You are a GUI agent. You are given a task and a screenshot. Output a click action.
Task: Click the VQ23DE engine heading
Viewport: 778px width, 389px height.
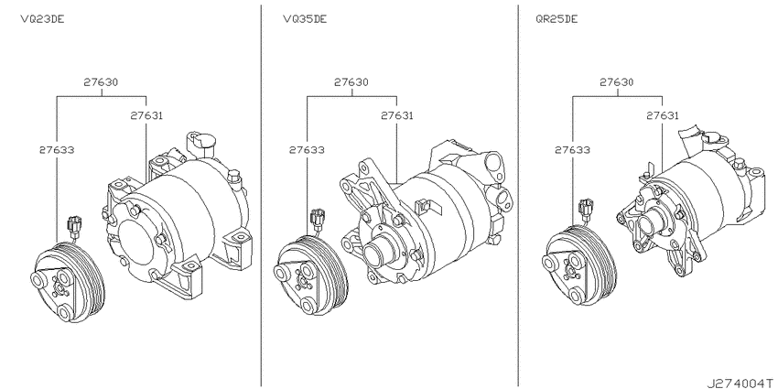tap(42, 19)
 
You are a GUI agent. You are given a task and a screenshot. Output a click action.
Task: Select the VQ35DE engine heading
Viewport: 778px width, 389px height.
tap(305, 19)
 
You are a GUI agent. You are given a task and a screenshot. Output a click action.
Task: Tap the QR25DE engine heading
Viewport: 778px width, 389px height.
tap(556, 19)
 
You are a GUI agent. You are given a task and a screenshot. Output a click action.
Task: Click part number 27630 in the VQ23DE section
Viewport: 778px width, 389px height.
tap(101, 81)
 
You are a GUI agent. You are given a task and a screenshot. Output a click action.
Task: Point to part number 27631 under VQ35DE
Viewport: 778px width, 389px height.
tap(397, 115)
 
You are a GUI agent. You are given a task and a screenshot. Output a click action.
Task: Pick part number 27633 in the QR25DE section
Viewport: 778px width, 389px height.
tap(573, 149)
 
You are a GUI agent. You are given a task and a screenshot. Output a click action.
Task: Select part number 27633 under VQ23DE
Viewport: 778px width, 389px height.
tap(57, 149)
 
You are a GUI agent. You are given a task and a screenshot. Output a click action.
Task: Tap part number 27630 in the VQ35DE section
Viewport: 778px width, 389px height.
tap(351, 81)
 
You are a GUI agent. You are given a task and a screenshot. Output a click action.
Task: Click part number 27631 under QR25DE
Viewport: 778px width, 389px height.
tap(663, 115)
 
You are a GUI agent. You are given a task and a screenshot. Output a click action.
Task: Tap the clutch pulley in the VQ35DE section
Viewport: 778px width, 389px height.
tap(310, 276)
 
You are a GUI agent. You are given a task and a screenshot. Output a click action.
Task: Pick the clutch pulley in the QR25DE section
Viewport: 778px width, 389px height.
tap(579, 265)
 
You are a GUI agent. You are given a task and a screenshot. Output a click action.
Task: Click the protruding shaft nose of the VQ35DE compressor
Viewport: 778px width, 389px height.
tap(380, 253)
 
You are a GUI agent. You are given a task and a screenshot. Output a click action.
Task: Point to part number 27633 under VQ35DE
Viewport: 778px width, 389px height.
tap(308, 149)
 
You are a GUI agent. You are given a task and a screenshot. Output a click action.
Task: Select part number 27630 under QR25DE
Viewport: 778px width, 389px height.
tap(617, 81)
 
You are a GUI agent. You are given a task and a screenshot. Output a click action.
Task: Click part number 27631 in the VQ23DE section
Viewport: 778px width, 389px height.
tap(146, 115)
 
